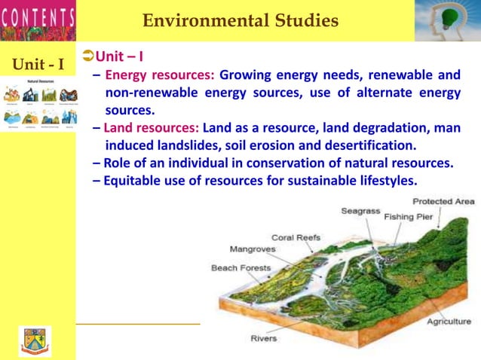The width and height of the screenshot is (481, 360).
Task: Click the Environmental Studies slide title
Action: (240, 21)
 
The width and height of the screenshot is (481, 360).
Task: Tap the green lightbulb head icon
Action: (447, 20)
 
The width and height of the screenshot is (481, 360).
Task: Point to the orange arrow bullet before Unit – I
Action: (87, 56)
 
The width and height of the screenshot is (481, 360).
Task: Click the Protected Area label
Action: (443, 202)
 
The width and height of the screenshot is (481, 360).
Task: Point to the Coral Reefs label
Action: (296, 238)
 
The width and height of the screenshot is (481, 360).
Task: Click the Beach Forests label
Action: (240, 268)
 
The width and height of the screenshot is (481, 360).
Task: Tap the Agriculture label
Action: (449, 322)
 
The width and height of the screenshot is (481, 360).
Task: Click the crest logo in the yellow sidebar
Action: (35, 340)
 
